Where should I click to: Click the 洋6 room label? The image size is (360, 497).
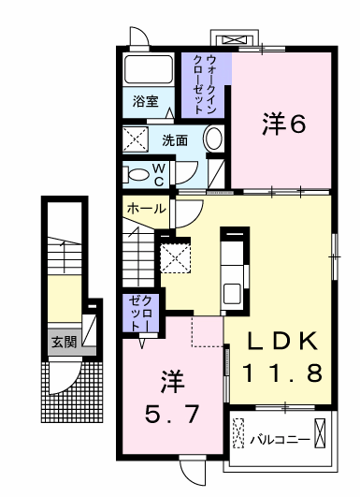point(283,124)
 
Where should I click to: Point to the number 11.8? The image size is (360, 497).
point(282,372)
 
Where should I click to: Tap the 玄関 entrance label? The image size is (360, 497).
point(64,343)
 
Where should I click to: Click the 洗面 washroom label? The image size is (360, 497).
point(175,141)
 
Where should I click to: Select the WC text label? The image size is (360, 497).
point(185,174)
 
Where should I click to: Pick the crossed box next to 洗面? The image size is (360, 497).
point(137,141)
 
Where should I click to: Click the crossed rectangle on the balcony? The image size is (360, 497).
point(320,434)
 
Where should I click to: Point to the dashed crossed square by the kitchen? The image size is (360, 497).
point(175,256)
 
